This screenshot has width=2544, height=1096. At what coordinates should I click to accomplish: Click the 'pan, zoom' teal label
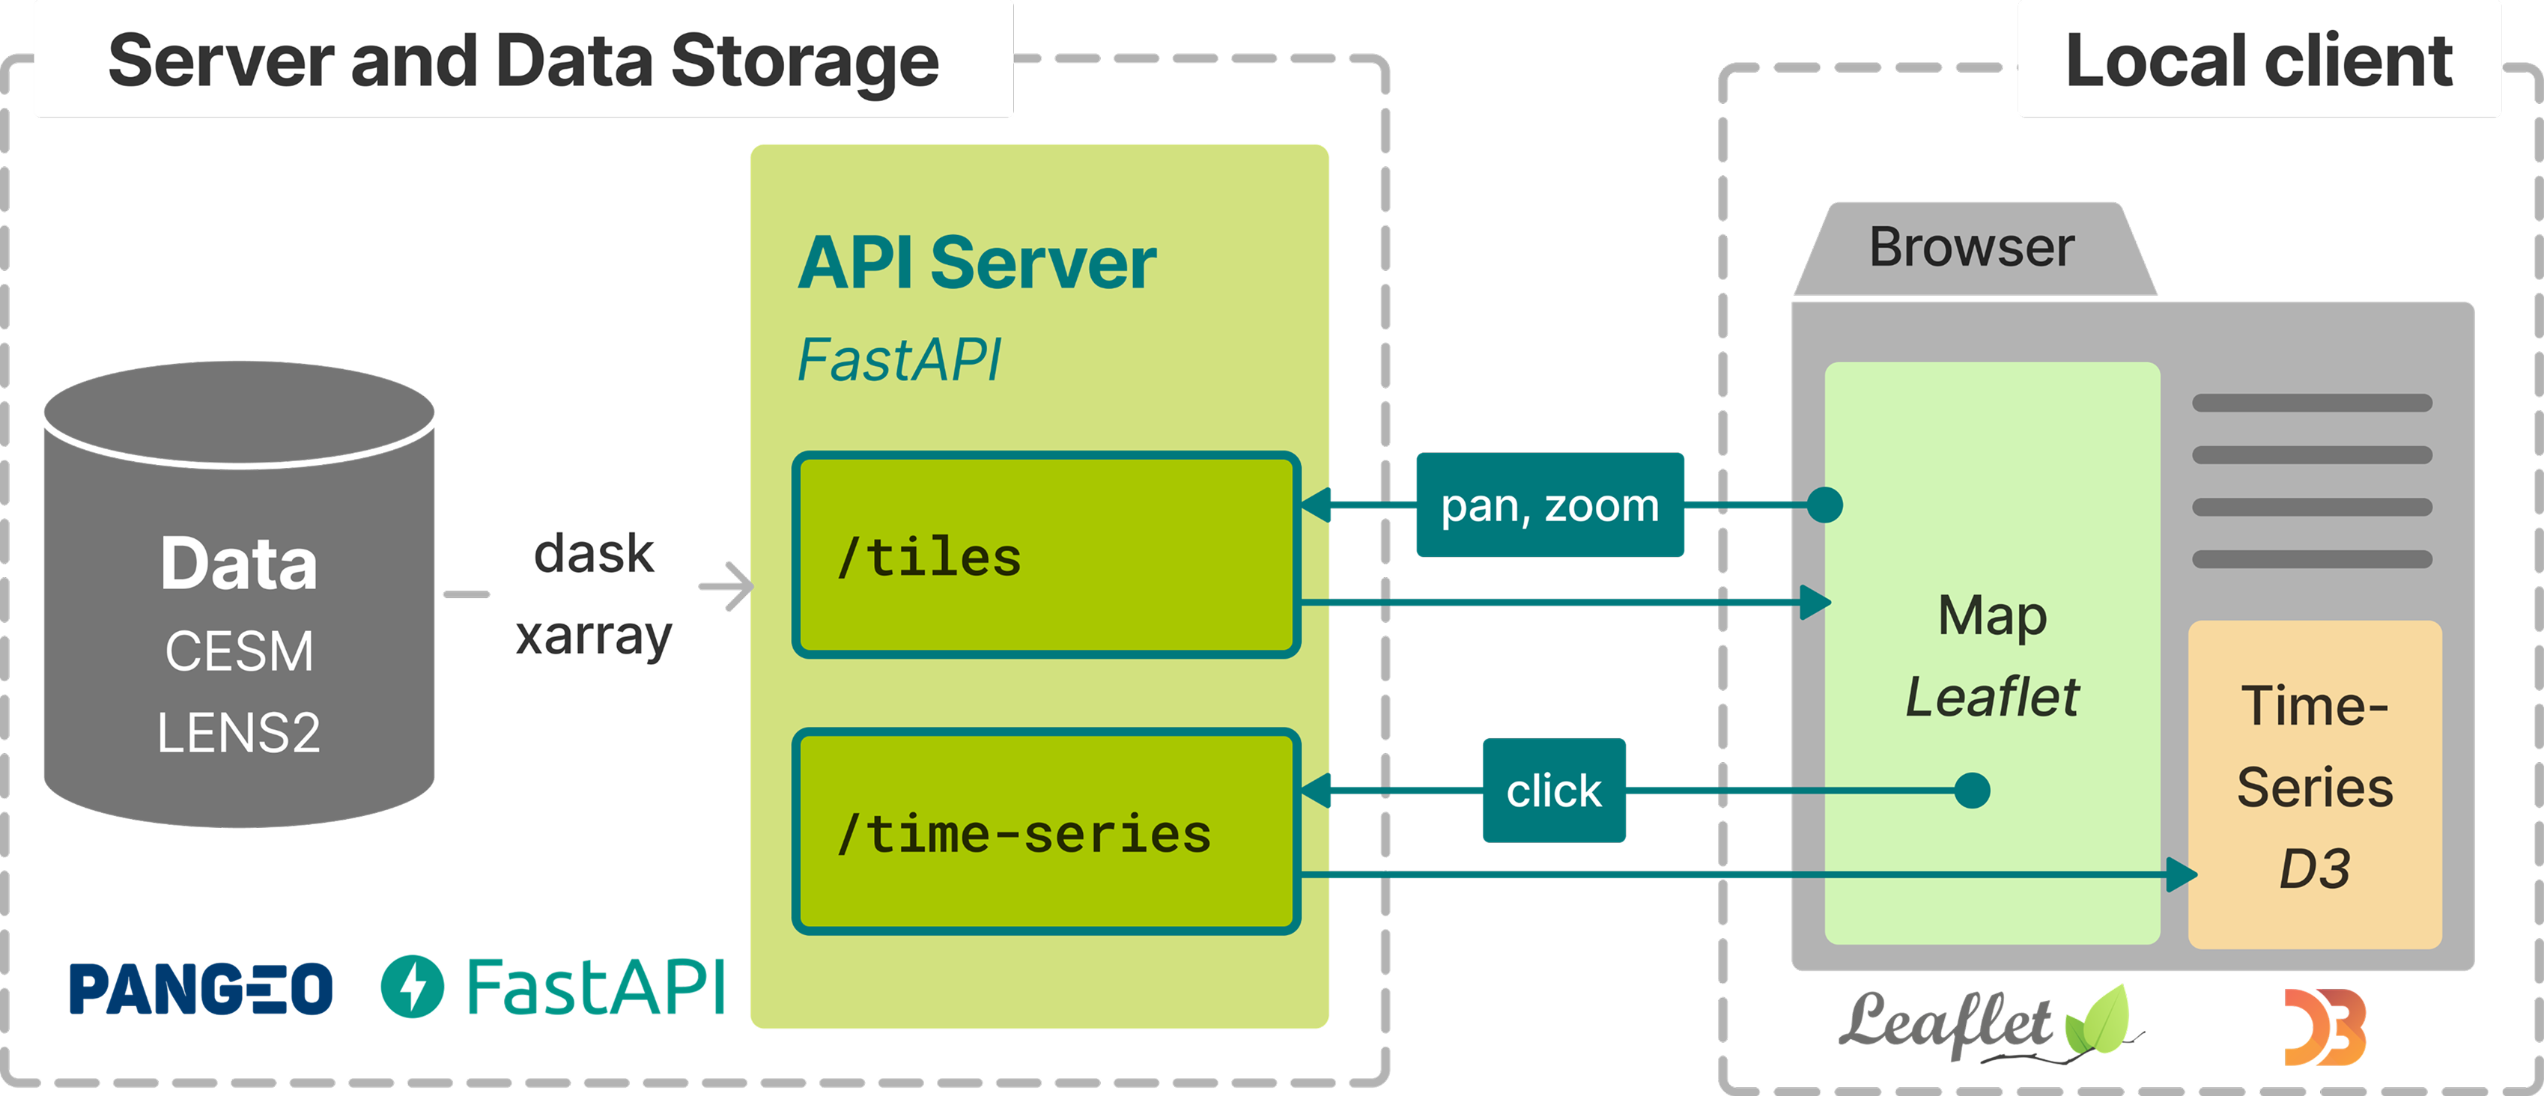pos(1549,505)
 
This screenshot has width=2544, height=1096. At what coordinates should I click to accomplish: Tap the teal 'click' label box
pos(1553,790)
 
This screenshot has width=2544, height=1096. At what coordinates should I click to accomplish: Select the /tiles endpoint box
pos(1046,555)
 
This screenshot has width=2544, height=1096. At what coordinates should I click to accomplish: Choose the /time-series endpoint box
pos(1046,832)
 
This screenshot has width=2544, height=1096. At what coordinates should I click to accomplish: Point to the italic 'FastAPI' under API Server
pos(899,359)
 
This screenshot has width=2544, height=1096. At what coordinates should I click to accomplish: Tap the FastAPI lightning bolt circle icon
pos(412,987)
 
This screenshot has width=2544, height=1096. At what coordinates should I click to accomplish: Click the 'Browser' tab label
pos(1971,247)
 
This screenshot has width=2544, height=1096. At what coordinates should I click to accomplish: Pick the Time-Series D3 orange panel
pos(2315,785)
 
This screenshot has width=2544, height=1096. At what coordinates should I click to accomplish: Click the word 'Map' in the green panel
pos(1992,615)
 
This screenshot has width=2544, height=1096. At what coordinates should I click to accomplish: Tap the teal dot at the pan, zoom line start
pos(1824,505)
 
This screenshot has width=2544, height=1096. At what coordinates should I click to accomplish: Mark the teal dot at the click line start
pos(1972,790)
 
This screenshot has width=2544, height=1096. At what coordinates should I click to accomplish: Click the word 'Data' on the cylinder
pos(239,564)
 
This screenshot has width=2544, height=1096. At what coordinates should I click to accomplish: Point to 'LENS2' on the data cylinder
pos(239,734)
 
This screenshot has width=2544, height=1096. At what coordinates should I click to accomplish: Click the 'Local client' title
pos(2259,61)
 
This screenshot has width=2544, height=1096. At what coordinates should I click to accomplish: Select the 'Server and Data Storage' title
pos(523,61)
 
